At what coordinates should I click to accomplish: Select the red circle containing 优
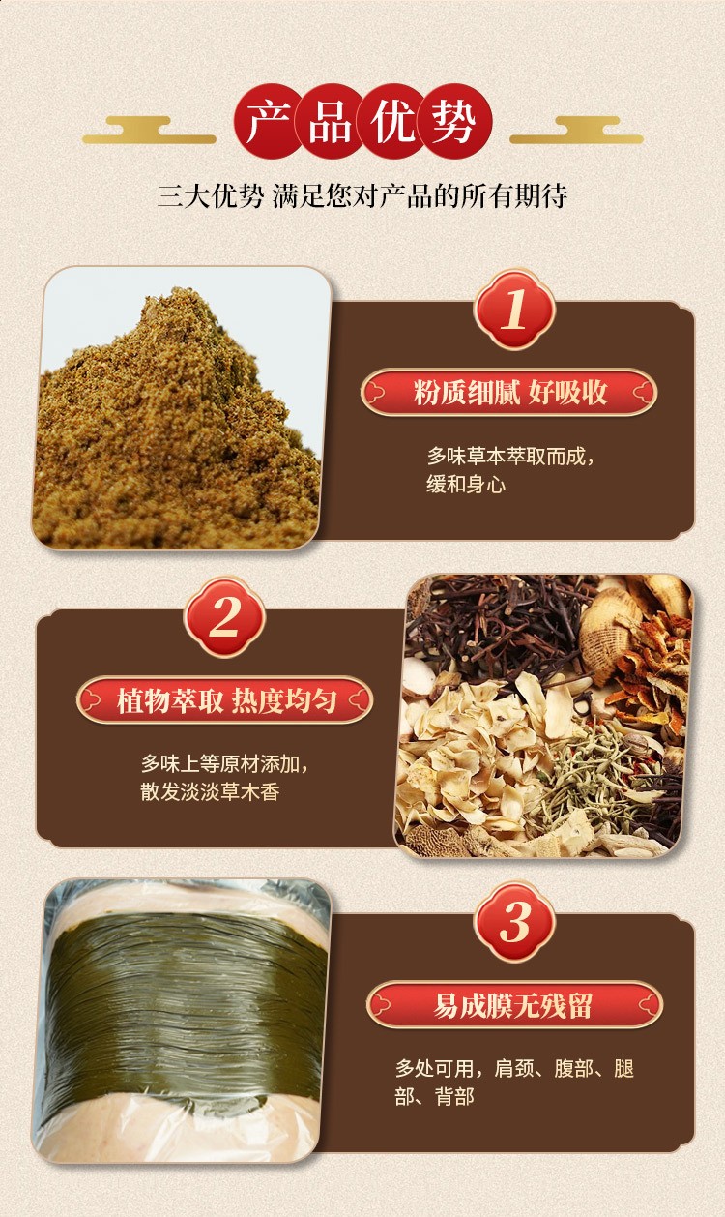[x=392, y=124]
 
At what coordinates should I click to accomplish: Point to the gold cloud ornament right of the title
[x=576, y=131]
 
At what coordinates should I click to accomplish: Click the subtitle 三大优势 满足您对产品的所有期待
[x=362, y=197]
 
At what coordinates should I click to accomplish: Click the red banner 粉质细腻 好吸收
[x=509, y=393]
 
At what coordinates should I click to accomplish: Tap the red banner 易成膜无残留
[x=513, y=1005]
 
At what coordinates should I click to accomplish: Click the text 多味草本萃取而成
[x=510, y=455]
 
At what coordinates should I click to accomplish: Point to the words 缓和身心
[x=466, y=484]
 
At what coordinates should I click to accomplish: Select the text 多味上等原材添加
[x=224, y=762]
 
